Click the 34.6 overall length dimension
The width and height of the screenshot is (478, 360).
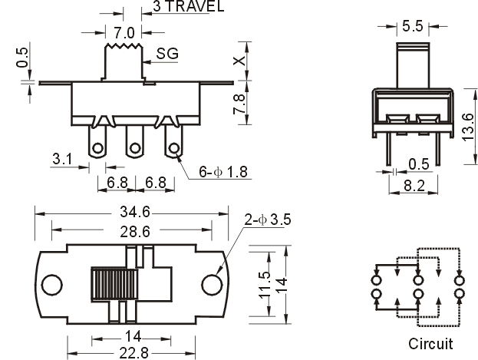coord(135,212)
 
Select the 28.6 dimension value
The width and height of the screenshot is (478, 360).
coord(135,232)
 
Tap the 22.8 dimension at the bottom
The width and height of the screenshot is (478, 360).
coord(134,353)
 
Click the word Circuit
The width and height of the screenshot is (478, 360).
coord(430,344)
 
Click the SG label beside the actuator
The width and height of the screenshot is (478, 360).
coord(167,54)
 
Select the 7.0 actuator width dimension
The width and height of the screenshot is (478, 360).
coord(124,33)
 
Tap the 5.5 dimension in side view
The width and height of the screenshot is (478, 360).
coord(413,26)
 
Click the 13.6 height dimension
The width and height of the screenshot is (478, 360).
coord(468,127)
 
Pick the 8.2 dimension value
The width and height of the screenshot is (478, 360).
coord(414,186)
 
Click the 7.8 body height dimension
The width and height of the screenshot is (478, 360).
coord(239,104)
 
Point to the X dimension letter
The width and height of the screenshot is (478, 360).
coord(239,61)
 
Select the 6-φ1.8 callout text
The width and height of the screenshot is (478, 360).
coord(223,172)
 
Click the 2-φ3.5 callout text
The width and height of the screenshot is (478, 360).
coord(268,220)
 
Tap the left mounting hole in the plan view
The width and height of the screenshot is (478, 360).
coord(52,285)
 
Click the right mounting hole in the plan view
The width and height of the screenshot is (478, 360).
coord(212,285)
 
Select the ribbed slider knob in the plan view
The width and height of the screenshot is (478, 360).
coord(114,285)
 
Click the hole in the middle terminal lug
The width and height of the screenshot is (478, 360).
coord(134,149)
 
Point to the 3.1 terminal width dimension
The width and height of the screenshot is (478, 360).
coord(62,159)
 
